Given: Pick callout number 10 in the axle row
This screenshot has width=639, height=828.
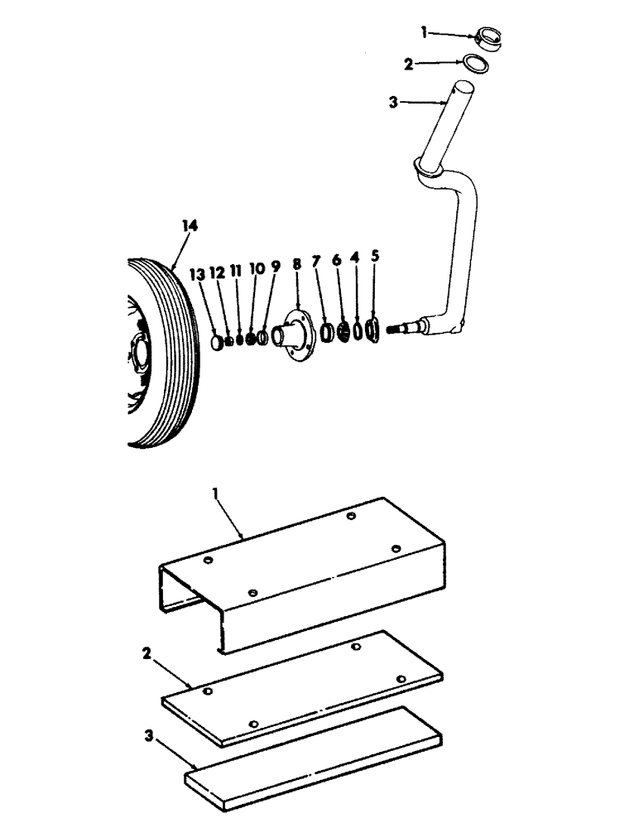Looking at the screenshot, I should tap(256, 269).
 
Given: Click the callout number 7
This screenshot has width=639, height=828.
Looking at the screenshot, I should tap(315, 262).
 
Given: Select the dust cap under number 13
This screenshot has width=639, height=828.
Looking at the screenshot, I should tap(218, 340).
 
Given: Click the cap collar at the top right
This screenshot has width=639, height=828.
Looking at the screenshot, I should tap(487, 40).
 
